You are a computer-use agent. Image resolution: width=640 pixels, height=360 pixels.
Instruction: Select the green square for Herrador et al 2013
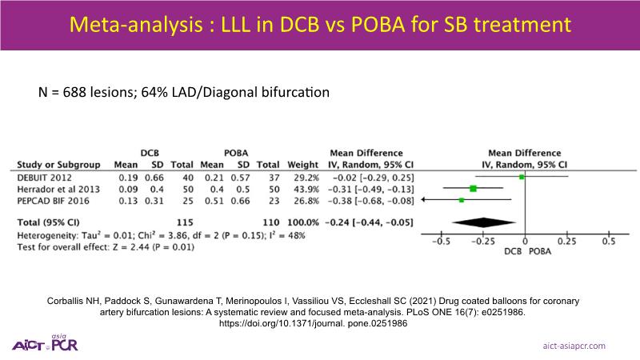pos(473,188)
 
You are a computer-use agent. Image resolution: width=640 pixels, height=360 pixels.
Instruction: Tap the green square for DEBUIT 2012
pos(522,175)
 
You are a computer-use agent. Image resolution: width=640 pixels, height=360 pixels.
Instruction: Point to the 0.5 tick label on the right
pos(608,240)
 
